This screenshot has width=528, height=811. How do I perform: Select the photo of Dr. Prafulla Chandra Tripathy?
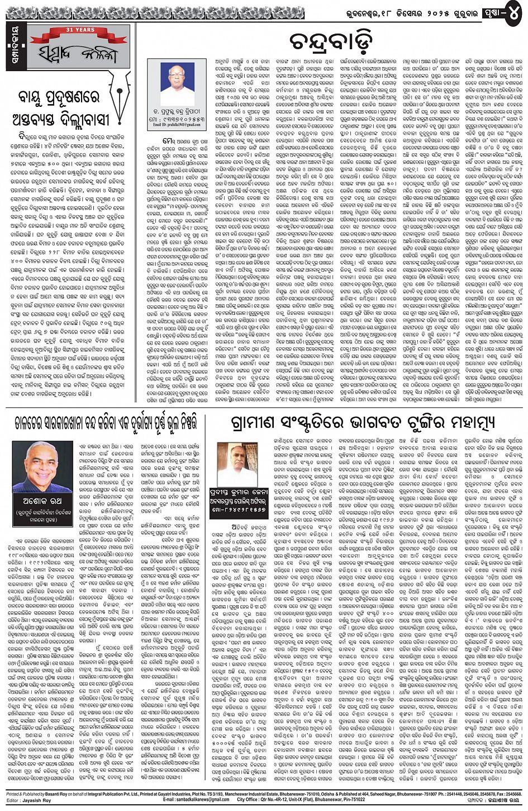(x=177, y=85)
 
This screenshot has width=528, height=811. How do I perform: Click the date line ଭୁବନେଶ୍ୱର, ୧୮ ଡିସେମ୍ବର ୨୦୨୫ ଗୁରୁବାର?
(x=399, y=11)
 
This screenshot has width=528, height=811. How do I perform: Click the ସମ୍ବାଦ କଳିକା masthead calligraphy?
(x=78, y=54)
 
